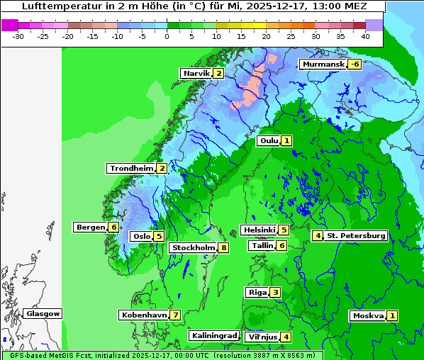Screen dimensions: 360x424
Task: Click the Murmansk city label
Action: coord(323,64)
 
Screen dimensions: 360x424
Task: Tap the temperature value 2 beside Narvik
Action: coord(219,74)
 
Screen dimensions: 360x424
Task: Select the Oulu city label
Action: coord(269,141)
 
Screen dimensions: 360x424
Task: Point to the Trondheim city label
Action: coord(131,169)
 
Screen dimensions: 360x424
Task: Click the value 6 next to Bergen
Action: coord(113,227)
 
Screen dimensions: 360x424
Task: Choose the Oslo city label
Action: coord(141,237)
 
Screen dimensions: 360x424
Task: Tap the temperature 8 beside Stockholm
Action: coord(223,248)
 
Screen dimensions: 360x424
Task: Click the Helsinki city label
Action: coord(258,230)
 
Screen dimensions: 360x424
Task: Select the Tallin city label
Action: coord(262,246)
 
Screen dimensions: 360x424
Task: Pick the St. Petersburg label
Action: coord(356,236)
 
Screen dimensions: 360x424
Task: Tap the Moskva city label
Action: coord(368,316)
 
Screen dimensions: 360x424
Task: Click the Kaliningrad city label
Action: coord(213,336)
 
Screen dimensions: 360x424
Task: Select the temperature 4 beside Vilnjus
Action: coord(286,337)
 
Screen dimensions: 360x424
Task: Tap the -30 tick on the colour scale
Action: coord(18,36)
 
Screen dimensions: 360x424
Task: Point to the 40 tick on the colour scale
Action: coord(365,36)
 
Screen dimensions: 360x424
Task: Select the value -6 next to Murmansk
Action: coord(354,64)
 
